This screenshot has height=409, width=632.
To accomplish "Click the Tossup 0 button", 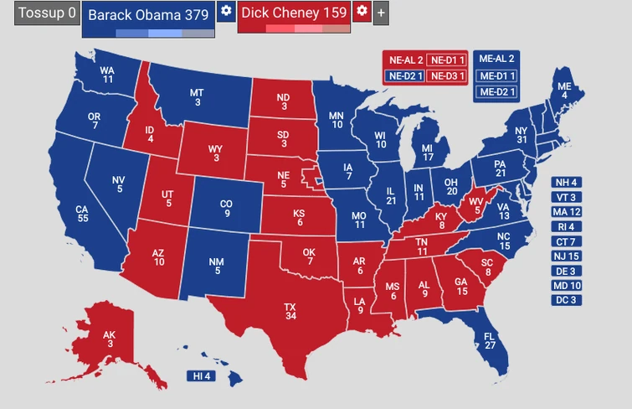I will tap(46, 13).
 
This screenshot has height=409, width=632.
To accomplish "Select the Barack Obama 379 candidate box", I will tap(148, 16).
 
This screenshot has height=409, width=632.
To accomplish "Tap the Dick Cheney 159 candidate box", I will tap(294, 14).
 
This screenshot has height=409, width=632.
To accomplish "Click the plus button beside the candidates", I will tap(381, 13).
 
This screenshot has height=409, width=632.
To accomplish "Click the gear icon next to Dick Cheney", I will tap(362, 11).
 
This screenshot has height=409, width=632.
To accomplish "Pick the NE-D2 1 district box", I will tap(403, 75).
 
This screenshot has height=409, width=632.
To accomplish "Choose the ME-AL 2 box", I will tap(496, 59).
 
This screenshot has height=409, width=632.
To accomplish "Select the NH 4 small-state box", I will tap(566, 183).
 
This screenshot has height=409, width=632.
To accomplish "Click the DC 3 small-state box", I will tap(566, 300).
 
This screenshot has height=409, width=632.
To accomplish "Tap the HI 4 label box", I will tap(201, 376).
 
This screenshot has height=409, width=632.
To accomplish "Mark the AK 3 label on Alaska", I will tap(109, 339).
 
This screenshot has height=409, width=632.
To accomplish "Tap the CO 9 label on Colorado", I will tap(226, 208).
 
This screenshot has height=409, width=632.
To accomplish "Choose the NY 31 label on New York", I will tap(521, 136).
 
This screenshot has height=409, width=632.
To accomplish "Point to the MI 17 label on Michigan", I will tap(428, 153).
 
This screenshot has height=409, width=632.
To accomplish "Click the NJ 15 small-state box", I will tap(566, 256).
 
